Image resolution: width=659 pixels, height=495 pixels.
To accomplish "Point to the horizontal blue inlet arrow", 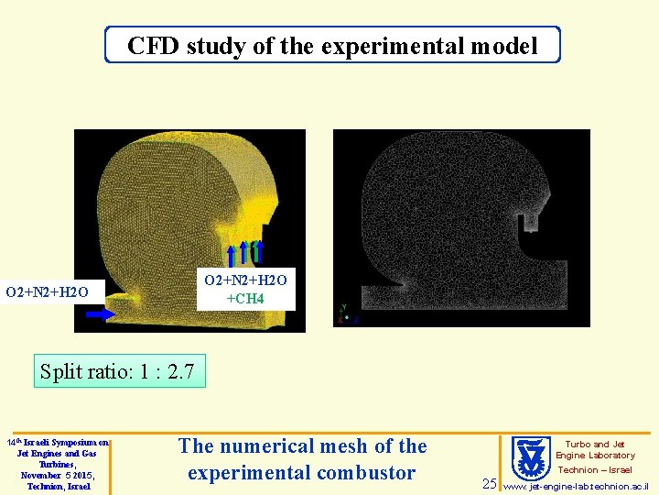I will tap(101, 313).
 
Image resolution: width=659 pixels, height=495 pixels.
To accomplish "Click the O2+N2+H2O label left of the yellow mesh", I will tap(47, 292).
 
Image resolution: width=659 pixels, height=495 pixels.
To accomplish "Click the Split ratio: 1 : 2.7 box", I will tap(119, 371).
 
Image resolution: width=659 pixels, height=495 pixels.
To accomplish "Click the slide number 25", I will tap(490, 483).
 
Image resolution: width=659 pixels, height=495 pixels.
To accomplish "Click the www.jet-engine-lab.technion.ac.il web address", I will tap(577, 486).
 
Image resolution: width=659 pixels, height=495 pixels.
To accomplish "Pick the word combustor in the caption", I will tap(365, 473).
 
